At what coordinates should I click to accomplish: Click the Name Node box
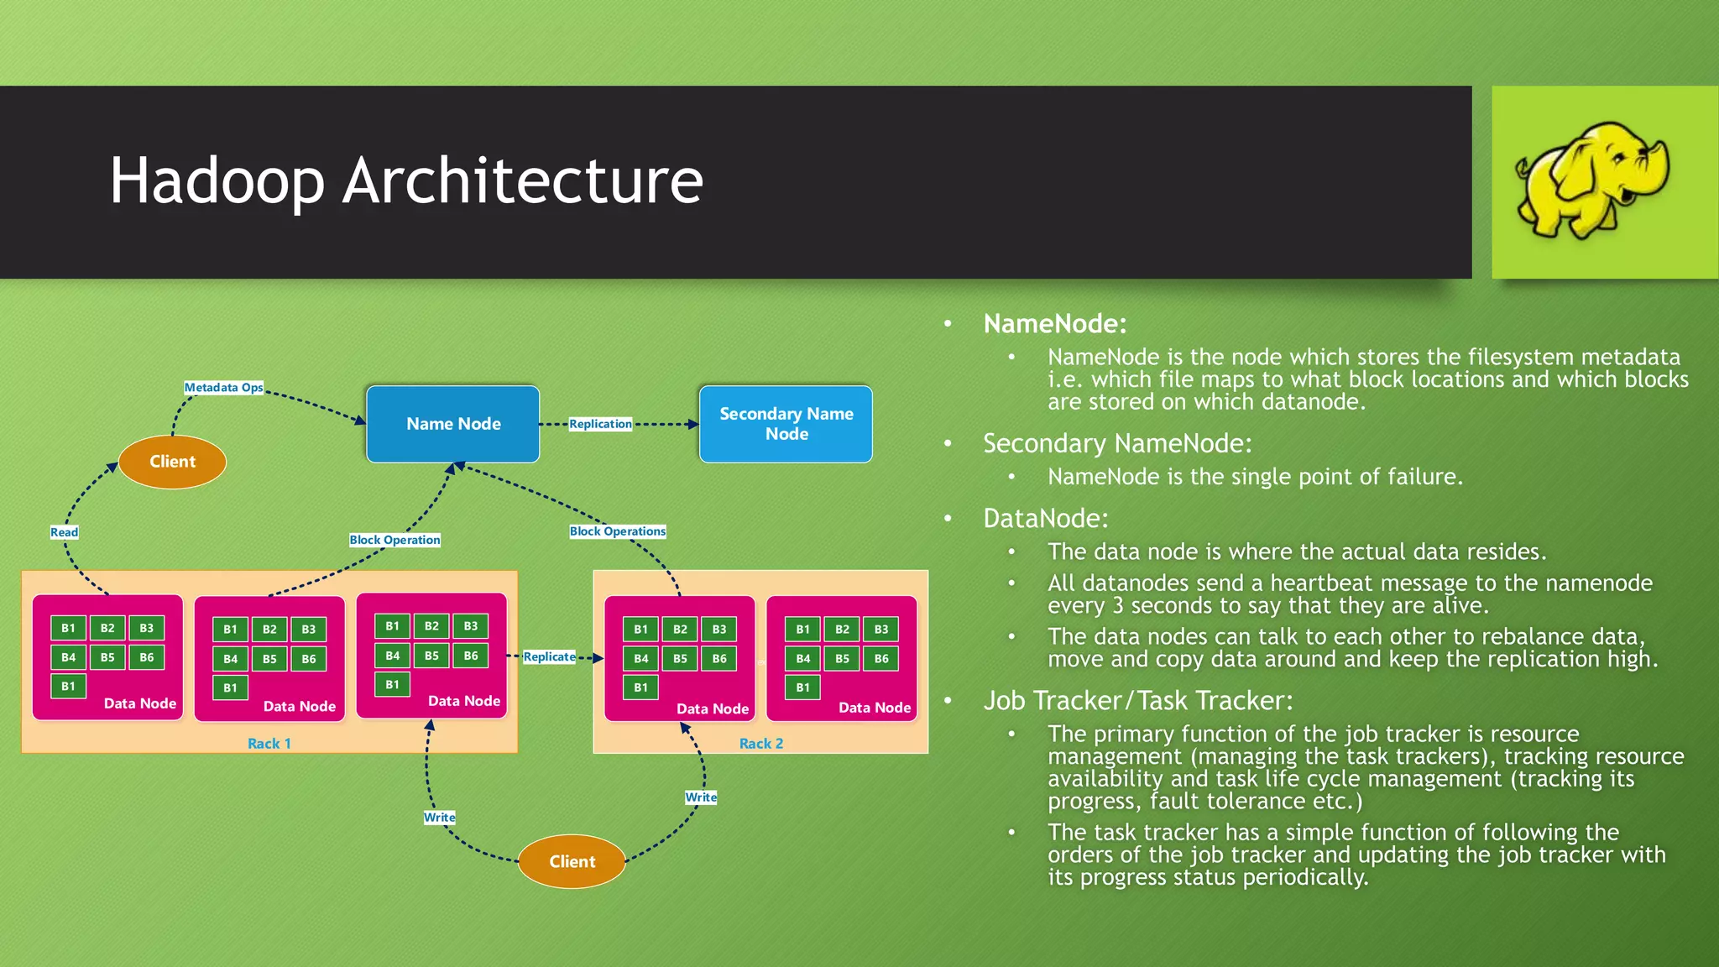point(452,424)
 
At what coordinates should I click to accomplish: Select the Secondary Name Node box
point(786,424)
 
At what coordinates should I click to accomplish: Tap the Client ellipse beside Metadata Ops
point(172,462)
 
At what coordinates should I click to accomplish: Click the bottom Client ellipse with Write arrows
point(572,861)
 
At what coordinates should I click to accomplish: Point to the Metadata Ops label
point(223,388)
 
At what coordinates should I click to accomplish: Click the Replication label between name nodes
point(600,424)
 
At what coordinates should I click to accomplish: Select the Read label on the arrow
point(64,532)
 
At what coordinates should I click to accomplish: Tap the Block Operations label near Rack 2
point(617,531)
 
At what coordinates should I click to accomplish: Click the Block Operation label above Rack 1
point(394,540)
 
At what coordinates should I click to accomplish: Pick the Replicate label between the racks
point(549,656)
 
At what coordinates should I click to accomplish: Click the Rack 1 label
point(269,744)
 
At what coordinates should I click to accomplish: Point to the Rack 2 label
point(760,744)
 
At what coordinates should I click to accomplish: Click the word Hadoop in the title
point(217,180)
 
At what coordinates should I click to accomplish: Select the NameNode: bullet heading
point(1054,324)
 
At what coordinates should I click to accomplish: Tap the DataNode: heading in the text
point(1045,519)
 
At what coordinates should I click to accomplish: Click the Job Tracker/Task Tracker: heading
point(1137,701)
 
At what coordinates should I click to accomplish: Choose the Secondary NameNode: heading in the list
point(1116,444)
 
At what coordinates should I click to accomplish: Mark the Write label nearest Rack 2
point(700,797)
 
